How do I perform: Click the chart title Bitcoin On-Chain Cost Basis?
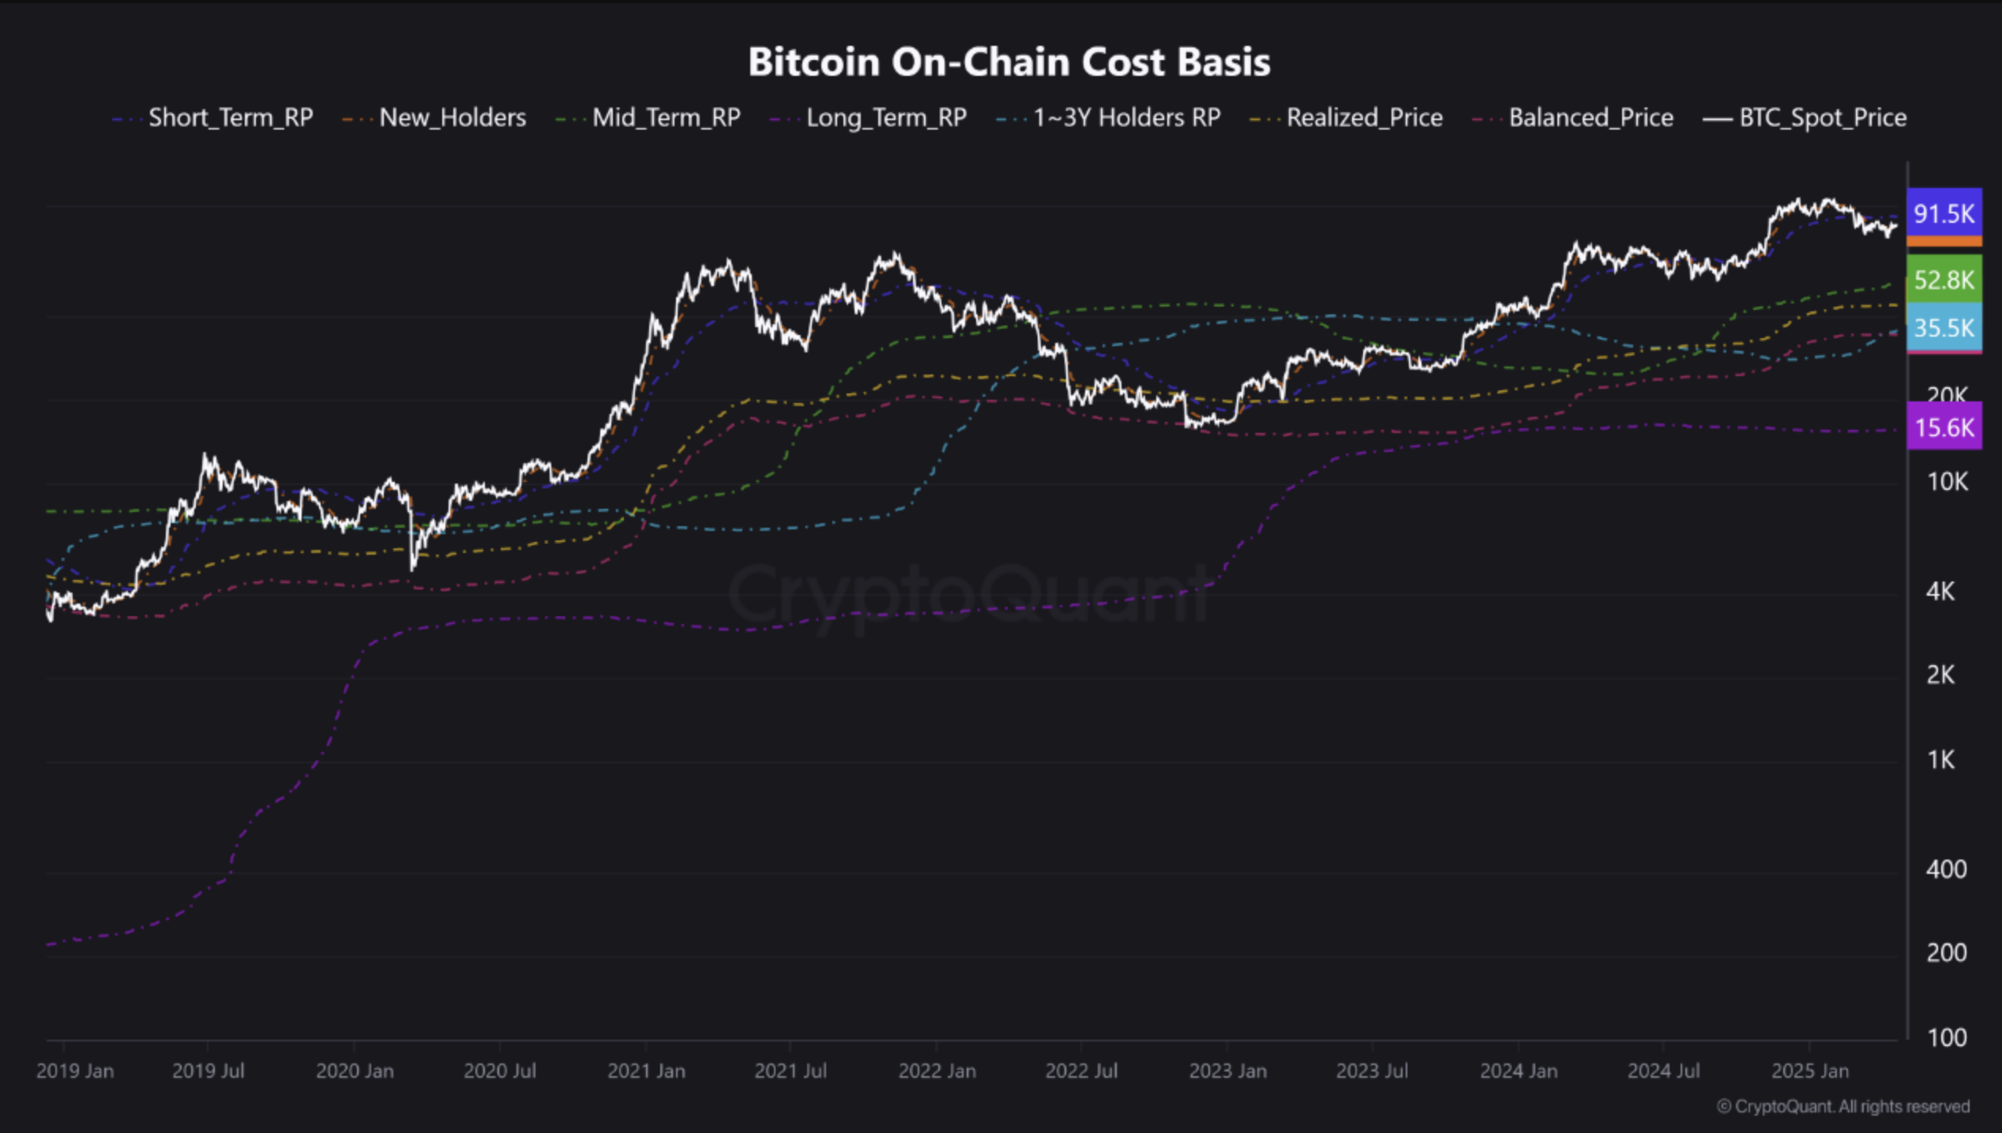click(1009, 62)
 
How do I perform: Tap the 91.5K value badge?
click(1944, 213)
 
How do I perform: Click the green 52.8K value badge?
click(1944, 280)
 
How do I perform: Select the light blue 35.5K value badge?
click(1944, 327)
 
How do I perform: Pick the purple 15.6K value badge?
click(1944, 427)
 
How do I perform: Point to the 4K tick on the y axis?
click(1940, 590)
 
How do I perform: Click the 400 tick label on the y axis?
click(1946, 869)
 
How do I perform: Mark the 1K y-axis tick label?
click(1941, 759)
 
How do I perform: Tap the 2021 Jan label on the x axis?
click(646, 1071)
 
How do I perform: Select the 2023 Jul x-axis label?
click(1372, 1071)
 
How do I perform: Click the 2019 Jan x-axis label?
click(75, 1071)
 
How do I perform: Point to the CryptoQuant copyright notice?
click(1843, 1107)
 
